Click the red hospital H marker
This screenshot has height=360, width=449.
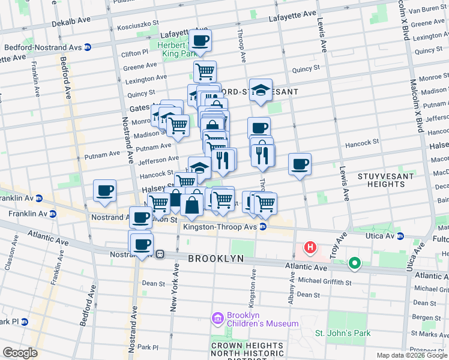tap(310, 247)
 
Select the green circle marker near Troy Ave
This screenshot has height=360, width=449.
tap(355, 262)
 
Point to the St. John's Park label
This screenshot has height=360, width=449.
tap(343, 333)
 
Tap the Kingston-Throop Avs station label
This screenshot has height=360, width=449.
tap(220, 226)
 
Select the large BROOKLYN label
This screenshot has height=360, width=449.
tap(216, 258)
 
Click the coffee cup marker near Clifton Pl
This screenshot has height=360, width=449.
tap(200, 41)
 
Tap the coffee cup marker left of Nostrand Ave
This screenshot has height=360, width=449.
tap(104, 191)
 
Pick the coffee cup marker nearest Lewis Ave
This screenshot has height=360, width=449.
tap(300, 164)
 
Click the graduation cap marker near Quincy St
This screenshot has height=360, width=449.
tap(261, 90)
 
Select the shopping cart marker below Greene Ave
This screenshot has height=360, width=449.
tap(205, 71)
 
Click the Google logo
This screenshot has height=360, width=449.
tap(20, 353)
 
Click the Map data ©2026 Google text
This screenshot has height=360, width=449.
tap(412, 355)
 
